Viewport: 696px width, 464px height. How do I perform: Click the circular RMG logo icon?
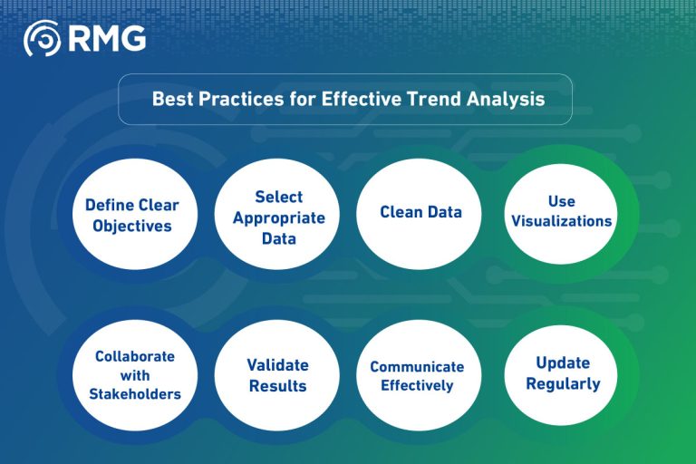pyautogui.click(x=42, y=38)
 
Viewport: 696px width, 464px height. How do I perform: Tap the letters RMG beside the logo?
pyautogui.click(x=106, y=38)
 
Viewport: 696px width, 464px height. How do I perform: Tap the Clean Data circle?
pyautogui.click(x=420, y=213)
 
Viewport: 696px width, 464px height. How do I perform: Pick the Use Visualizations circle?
pyautogui.click(x=561, y=211)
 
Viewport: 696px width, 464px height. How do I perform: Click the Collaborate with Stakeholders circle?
pyautogui.click(x=135, y=375)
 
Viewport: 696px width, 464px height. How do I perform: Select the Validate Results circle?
pyautogui.click(x=277, y=375)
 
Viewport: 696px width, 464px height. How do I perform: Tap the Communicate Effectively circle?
pyautogui.click(x=417, y=375)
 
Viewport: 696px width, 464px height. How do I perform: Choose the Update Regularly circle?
pyautogui.click(x=562, y=373)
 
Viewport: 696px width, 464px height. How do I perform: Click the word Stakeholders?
pyautogui.click(x=135, y=394)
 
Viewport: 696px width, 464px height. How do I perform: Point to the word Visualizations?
pyautogui.click(x=561, y=221)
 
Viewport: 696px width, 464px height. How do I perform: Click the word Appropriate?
pyautogui.click(x=278, y=217)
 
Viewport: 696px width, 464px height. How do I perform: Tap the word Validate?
pyautogui.click(x=277, y=365)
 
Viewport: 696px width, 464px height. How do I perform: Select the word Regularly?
pyautogui.click(x=562, y=384)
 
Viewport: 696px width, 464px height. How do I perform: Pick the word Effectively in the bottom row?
pyautogui.click(x=417, y=386)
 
